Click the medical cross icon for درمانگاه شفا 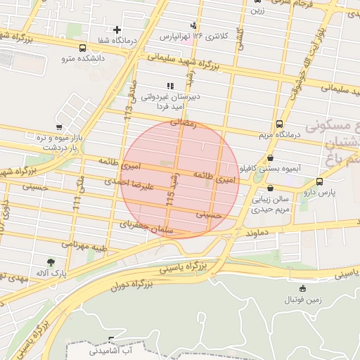(x=117, y=30)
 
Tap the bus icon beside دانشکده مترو (x=84, y=49)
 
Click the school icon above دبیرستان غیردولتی (x=169, y=85)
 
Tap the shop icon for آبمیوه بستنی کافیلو (x=271, y=158)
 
